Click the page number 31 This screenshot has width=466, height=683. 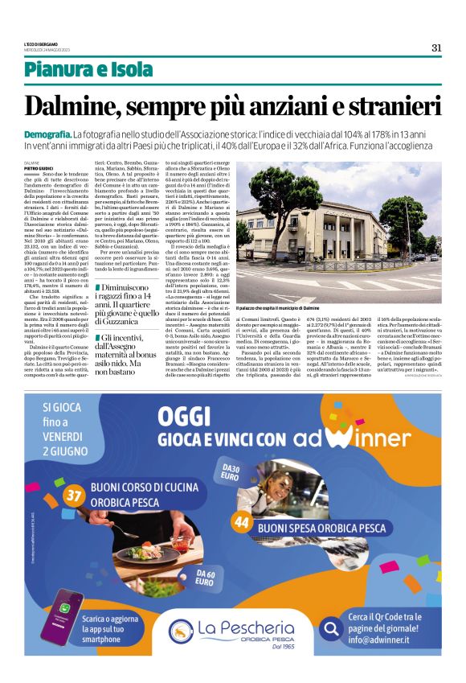coord(436,47)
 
